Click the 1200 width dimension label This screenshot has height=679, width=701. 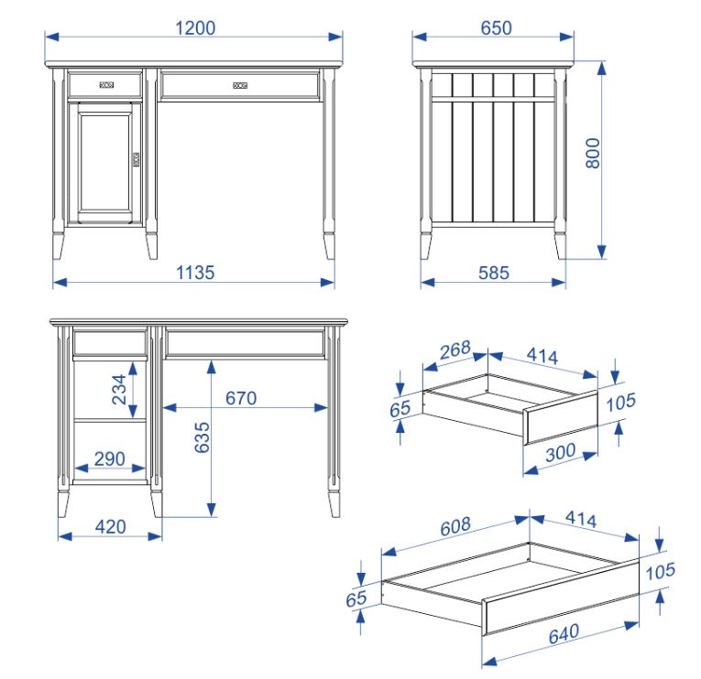tap(195, 28)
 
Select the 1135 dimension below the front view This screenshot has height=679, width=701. tap(195, 273)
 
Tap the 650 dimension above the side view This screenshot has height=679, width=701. tap(496, 28)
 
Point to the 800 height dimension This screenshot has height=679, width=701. tap(593, 153)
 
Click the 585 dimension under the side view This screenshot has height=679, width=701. tap(494, 273)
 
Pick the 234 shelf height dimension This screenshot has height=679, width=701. tap(119, 389)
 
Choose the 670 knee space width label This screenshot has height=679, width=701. tap(241, 398)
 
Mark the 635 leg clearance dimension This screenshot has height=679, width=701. tap(203, 437)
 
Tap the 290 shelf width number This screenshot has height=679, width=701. tap(110, 458)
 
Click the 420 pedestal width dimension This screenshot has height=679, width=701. tap(111, 527)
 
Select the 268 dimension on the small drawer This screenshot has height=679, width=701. tap(455, 350)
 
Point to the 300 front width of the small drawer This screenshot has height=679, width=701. tap(561, 453)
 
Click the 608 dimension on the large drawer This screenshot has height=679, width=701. tap(455, 526)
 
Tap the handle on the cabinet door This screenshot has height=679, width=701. tap(136, 159)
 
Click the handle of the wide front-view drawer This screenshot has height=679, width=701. tap(240, 85)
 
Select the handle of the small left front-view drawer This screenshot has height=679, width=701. tap(106, 85)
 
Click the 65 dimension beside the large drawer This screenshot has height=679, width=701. tap(356, 598)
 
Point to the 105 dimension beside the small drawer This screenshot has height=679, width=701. tap(621, 403)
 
